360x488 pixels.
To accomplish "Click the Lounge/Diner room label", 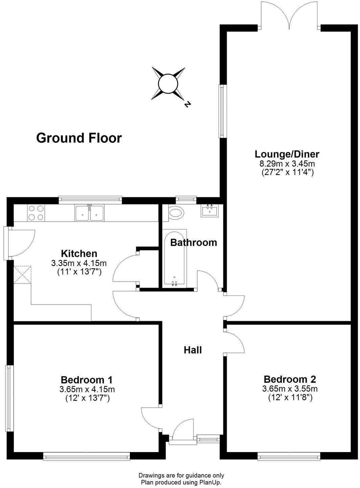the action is (x=287, y=154).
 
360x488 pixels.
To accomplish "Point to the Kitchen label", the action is (x=79, y=254).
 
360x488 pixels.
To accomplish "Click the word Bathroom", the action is (x=194, y=243).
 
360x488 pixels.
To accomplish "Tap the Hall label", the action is (x=193, y=350).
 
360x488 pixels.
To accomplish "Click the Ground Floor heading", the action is (x=79, y=138).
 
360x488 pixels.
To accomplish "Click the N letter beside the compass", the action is (x=187, y=104).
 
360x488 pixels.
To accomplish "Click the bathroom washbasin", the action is (x=209, y=211).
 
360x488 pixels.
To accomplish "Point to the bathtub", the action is (x=175, y=258).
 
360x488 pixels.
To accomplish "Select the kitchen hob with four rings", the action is (x=36, y=213).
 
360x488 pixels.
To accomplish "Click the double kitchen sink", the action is (x=90, y=213).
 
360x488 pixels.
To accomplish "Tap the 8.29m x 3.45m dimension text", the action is (x=287, y=164).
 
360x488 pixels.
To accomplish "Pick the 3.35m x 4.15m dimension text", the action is (x=79, y=263).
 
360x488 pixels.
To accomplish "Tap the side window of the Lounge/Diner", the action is (x=223, y=111).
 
